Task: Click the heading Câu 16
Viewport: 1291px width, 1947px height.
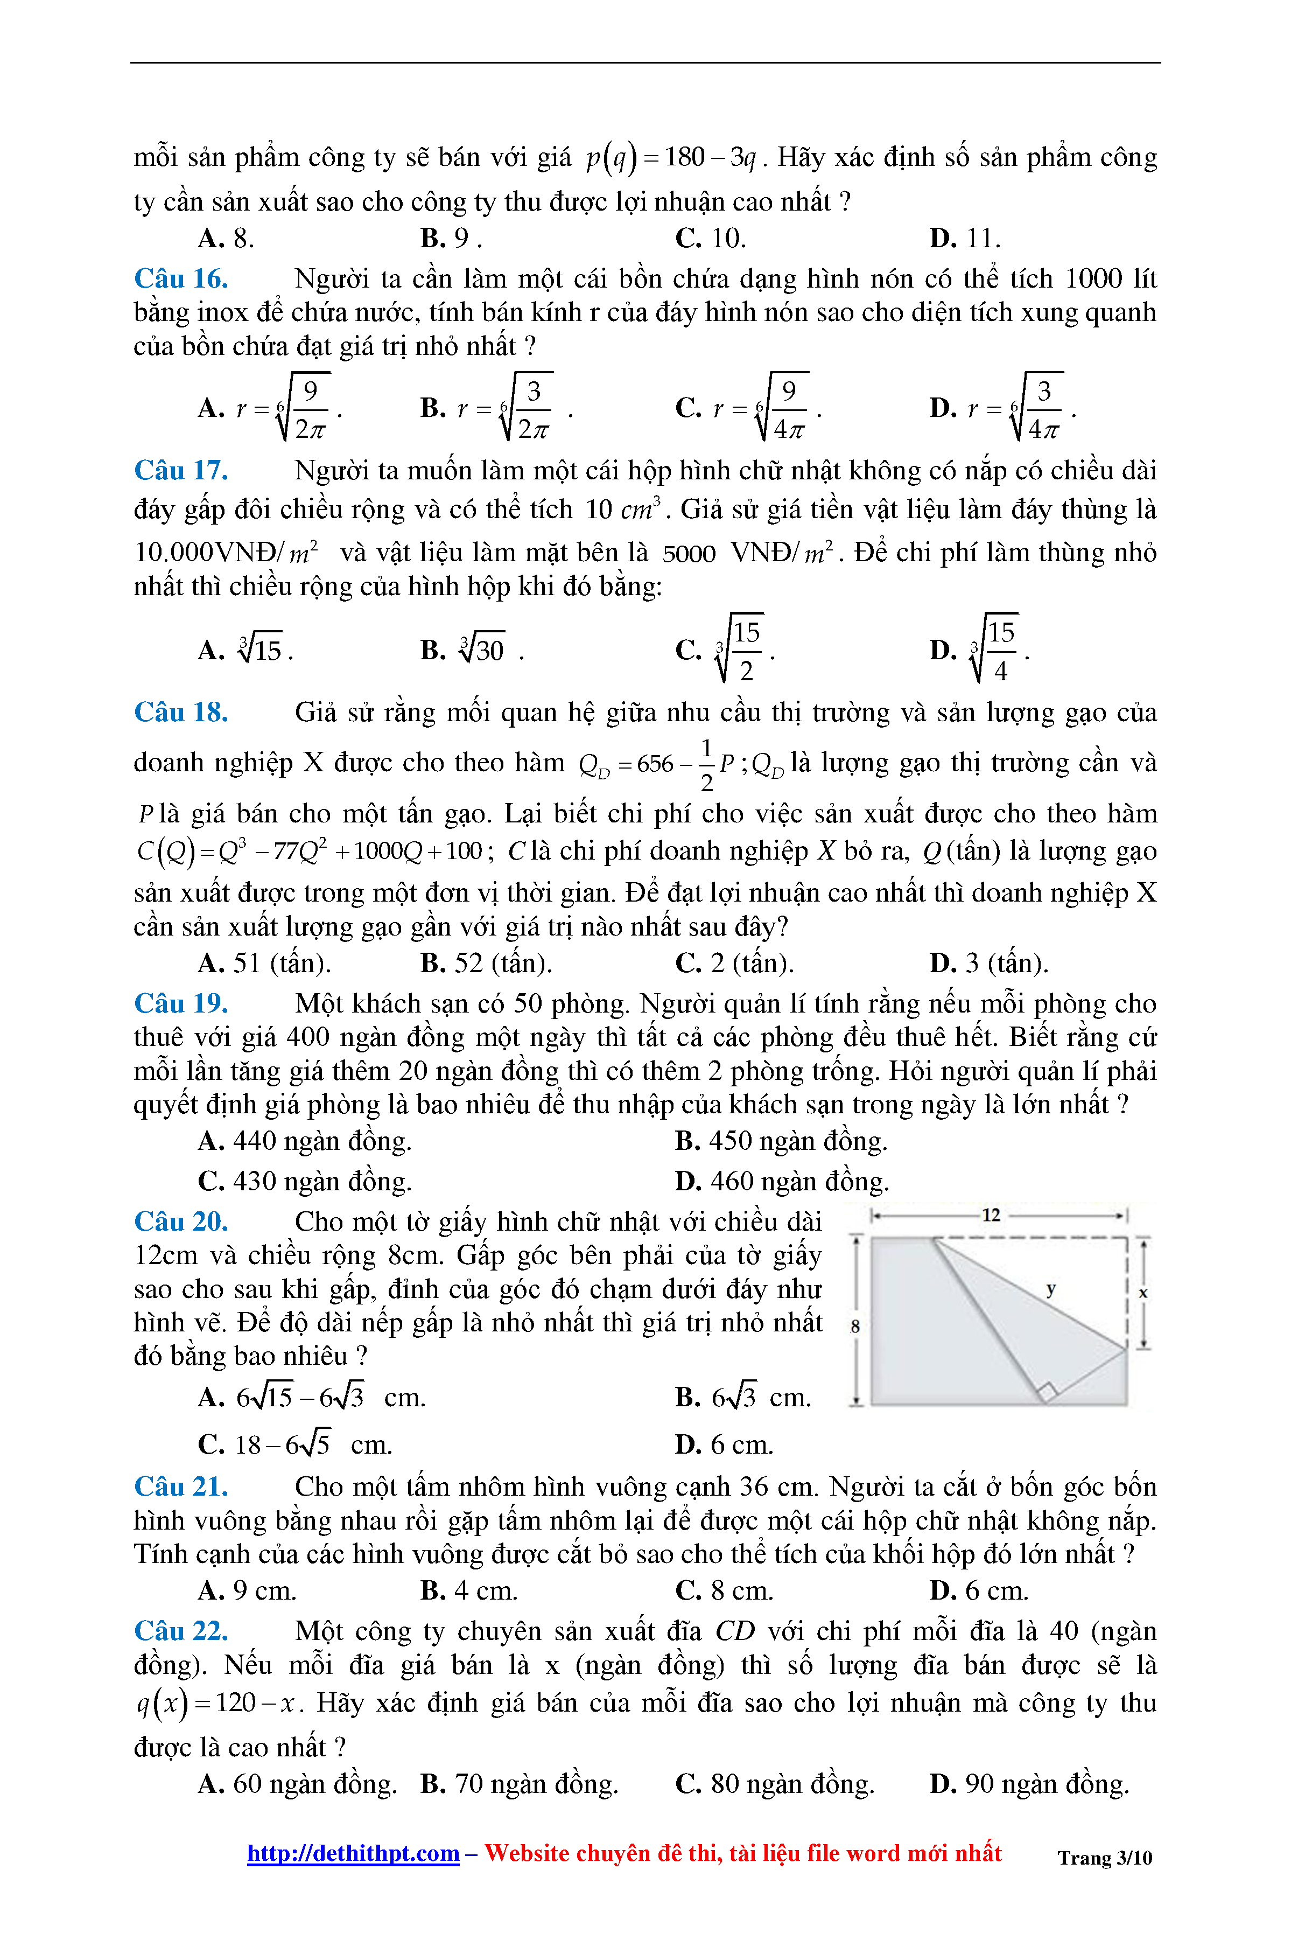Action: [x=181, y=279]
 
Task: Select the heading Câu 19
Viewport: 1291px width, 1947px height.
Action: [x=181, y=1003]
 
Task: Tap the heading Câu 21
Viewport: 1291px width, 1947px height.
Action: [x=181, y=1487]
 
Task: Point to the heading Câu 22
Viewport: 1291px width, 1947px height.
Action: [x=181, y=1631]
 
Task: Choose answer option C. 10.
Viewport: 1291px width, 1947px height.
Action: [x=710, y=239]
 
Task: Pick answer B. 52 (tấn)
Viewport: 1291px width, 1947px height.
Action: [x=486, y=963]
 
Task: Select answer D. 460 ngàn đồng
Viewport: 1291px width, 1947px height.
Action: [x=782, y=1181]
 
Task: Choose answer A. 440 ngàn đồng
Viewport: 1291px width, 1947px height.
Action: [x=305, y=1141]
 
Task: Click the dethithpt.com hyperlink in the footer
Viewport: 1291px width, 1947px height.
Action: [x=353, y=1853]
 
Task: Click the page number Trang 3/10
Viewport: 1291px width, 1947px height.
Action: [x=1104, y=1858]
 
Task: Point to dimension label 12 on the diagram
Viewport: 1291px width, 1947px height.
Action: [x=991, y=1215]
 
